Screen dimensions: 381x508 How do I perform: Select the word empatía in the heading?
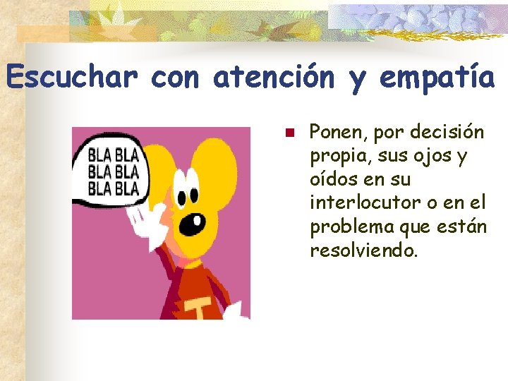[437, 78]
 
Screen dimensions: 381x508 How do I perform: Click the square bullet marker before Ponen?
[289, 133]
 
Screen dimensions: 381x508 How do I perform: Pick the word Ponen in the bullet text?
[336, 132]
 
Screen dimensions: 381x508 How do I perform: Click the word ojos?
[430, 156]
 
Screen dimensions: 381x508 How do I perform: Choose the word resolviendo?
[364, 250]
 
